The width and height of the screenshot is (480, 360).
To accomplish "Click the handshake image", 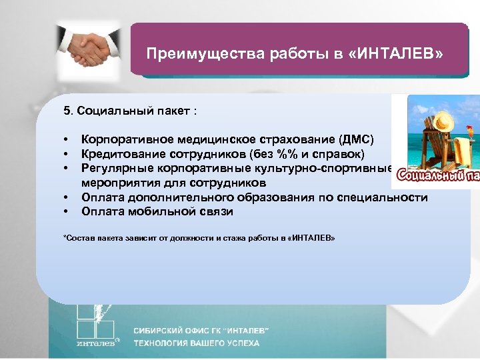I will pos(89,49).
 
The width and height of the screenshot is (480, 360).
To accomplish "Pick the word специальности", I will pos(389,197).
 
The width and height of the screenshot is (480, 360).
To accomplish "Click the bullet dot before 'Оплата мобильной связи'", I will pos(67,212).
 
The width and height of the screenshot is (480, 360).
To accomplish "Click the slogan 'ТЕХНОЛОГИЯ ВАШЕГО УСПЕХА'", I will pos(196,344).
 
